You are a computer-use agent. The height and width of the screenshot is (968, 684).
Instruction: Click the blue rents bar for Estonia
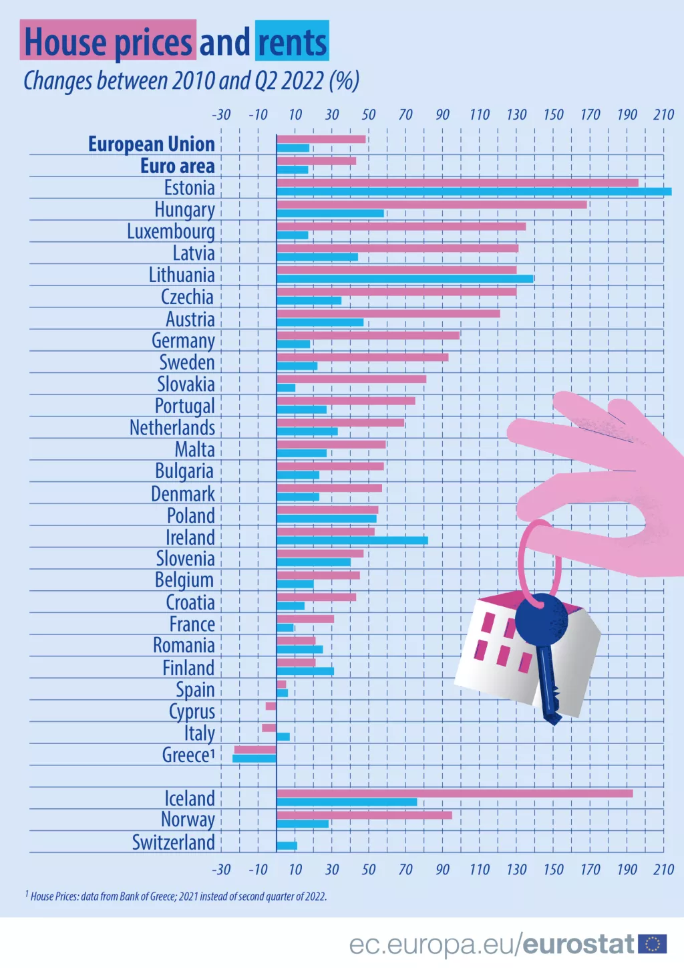coord(474,192)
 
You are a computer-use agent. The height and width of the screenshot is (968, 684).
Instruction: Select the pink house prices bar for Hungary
coord(432,205)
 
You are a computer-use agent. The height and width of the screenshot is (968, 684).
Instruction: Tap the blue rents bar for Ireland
coord(352,540)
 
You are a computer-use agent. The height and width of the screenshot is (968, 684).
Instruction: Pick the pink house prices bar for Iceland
coord(454,794)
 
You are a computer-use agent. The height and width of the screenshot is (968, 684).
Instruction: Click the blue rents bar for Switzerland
coord(287,846)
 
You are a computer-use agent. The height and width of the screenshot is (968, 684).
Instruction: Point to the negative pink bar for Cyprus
coord(271,706)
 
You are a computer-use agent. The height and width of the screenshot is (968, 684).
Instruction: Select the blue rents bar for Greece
coord(254,758)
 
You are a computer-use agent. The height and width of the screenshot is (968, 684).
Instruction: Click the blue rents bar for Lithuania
coord(405,279)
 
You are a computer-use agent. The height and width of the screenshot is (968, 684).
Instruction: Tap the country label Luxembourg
coord(171,231)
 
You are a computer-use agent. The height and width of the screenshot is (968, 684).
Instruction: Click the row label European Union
coord(152,144)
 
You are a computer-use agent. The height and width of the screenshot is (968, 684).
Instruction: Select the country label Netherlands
coord(172,428)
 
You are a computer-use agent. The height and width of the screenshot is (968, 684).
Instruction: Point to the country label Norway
coord(188,820)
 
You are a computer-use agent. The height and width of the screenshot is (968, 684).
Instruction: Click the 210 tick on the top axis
coord(663,114)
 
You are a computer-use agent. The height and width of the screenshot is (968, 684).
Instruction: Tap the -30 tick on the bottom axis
coord(221,869)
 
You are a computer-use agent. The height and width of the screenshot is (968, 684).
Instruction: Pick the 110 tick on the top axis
coord(479,114)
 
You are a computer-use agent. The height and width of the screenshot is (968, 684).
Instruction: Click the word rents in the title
coord(292,41)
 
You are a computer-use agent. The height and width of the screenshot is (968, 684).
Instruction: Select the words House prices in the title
coord(108,41)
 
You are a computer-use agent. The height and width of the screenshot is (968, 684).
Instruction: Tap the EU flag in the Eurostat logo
coord(652,944)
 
